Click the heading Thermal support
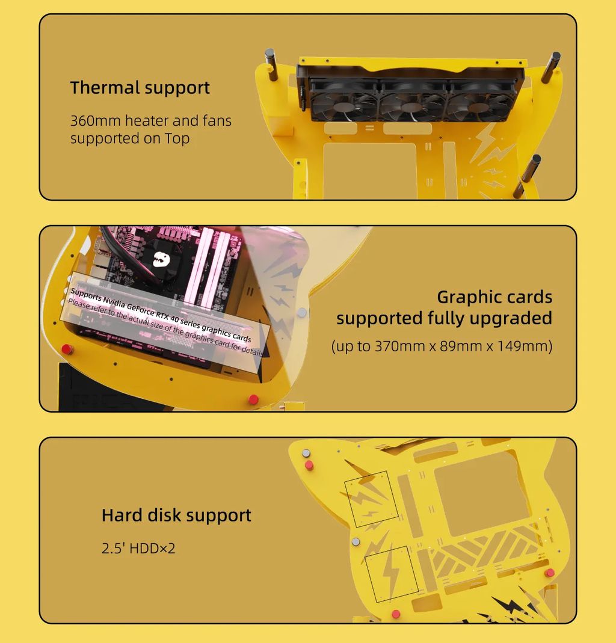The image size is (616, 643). coord(140,88)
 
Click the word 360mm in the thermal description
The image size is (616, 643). coord(95,120)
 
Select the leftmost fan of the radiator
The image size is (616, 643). coord(343,101)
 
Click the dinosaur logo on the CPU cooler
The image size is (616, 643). coord(161,259)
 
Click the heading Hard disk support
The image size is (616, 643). coord(176,515)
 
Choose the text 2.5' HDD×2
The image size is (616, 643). coord(138,549)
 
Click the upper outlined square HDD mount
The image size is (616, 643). coord(372,499)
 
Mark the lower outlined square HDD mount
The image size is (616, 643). coord(392,574)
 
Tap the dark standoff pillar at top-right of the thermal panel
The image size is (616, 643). coord(550,67)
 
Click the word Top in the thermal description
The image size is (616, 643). coord(177,138)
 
